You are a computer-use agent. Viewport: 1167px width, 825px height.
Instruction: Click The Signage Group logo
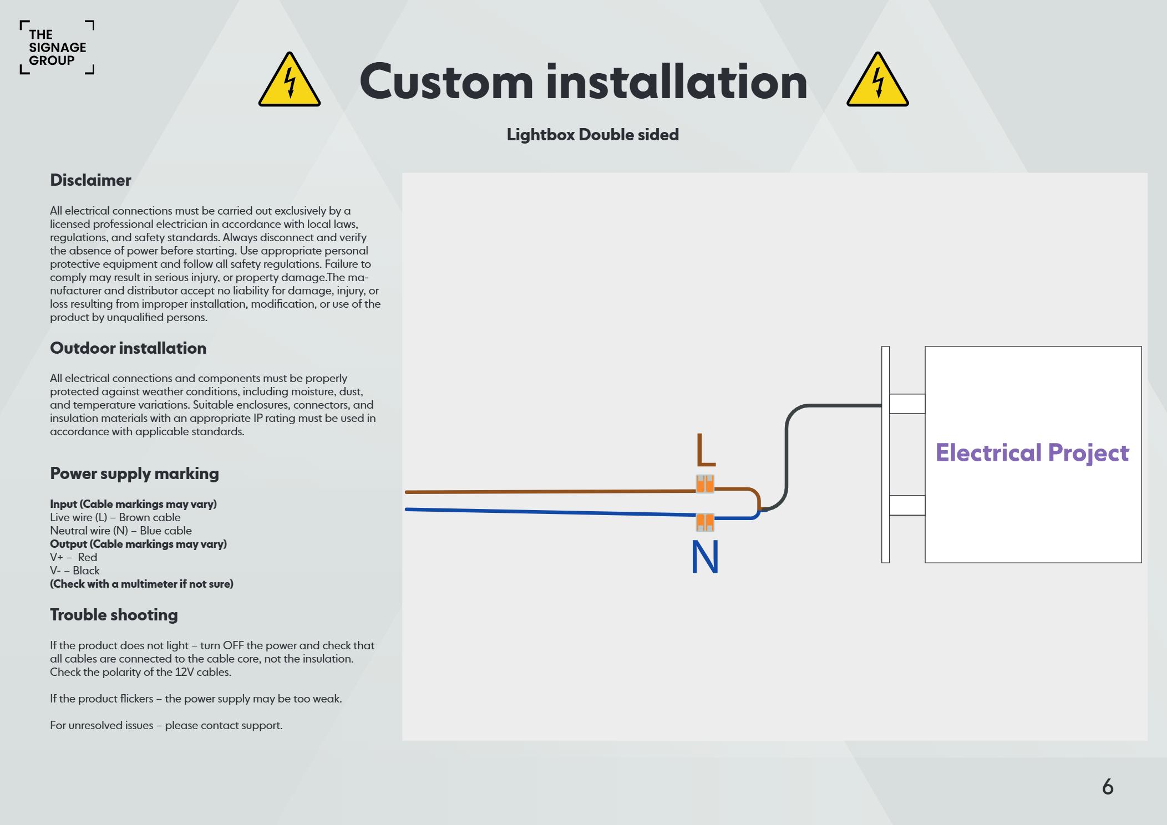click(x=57, y=48)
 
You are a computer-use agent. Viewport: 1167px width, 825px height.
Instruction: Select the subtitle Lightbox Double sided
click(x=592, y=135)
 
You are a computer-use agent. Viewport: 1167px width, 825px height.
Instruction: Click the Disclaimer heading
click(x=90, y=180)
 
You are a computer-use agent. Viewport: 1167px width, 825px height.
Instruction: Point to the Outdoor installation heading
click(x=128, y=348)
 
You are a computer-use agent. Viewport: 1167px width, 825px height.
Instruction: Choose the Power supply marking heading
click(x=134, y=473)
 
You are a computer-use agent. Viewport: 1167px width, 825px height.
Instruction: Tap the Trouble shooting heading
click(x=114, y=615)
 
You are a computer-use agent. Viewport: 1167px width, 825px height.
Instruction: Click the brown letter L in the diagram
click(x=705, y=450)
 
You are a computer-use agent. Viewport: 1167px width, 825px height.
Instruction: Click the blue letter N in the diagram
click(x=705, y=557)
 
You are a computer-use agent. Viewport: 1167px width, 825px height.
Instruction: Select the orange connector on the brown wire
click(x=705, y=484)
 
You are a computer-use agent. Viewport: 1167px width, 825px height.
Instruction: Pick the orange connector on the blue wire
click(x=705, y=522)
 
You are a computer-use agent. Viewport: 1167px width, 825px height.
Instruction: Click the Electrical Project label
click(x=1032, y=453)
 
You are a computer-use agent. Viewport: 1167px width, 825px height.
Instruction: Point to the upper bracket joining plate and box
click(x=907, y=404)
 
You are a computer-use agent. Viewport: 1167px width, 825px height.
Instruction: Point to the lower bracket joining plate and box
click(x=907, y=505)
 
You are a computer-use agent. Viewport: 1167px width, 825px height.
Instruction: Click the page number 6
click(x=1107, y=787)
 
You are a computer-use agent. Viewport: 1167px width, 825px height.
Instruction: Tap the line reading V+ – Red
click(x=73, y=557)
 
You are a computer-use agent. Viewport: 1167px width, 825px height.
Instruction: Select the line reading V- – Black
click(x=75, y=571)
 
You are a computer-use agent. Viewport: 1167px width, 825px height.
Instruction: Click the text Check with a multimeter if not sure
click(x=141, y=584)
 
